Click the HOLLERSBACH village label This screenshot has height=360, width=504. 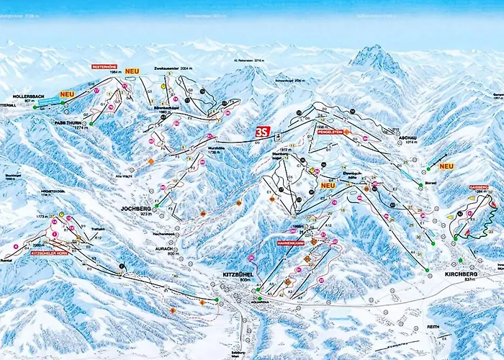[x=30, y=95]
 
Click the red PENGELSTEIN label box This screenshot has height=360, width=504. [x=329, y=132]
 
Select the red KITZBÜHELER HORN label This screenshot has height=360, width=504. [x=49, y=253]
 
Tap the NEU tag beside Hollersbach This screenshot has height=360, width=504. [x=67, y=94]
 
